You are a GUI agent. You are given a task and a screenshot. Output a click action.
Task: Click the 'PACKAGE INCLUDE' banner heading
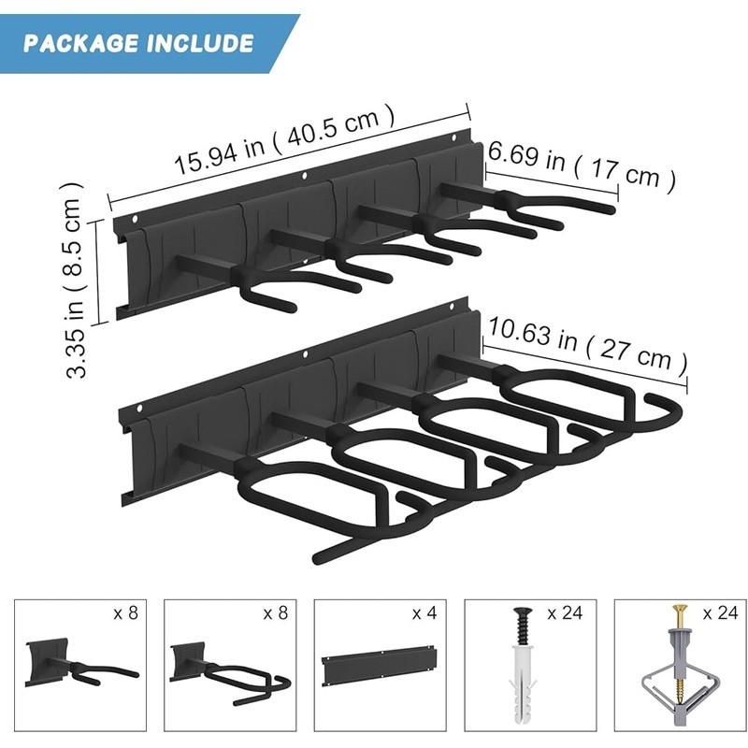[x=138, y=43]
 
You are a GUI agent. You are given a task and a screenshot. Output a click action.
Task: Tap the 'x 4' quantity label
[x=426, y=613]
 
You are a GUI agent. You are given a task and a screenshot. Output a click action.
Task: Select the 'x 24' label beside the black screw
[x=565, y=613]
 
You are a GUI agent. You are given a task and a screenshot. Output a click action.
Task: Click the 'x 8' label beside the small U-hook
[x=125, y=613]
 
